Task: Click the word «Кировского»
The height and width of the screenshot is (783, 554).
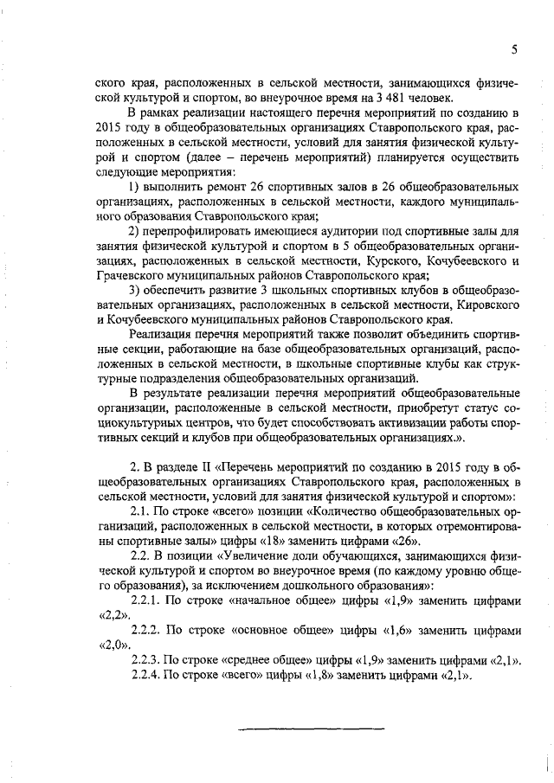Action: click(483, 305)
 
